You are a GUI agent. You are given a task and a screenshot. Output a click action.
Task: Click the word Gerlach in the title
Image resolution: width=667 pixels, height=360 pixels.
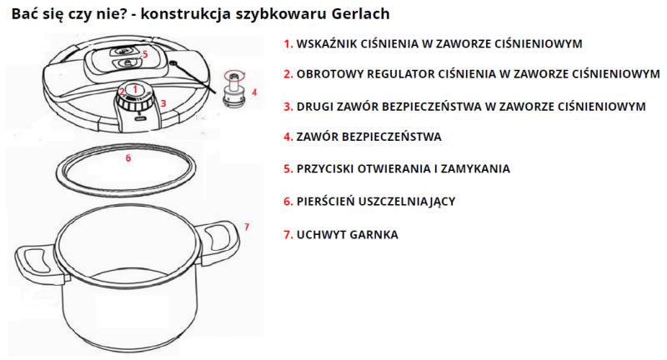pyautogui.click(x=360, y=13)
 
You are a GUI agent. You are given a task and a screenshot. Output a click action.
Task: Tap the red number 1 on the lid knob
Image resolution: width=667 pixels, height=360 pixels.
pyautogui.click(x=135, y=89)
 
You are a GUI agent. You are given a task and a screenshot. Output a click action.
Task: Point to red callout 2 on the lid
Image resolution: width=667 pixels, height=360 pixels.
pyautogui.click(x=122, y=92)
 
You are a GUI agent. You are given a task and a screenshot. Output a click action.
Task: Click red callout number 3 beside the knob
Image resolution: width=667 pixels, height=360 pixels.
pyautogui.click(x=163, y=103)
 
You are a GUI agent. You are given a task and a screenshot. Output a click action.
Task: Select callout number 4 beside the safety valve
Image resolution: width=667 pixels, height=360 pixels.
pyautogui.click(x=254, y=92)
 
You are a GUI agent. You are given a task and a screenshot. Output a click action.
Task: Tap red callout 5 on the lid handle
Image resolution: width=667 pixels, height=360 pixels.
pyautogui.click(x=145, y=54)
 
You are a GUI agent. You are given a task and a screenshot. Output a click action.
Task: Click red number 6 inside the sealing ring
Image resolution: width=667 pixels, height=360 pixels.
pyautogui.click(x=128, y=158)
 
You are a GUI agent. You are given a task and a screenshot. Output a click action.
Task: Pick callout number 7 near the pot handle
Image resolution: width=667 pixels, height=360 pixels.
pyautogui.click(x=247, y=227)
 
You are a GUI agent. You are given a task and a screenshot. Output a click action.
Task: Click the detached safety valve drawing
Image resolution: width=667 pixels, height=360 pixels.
pyautogui.click(x=234, y=89)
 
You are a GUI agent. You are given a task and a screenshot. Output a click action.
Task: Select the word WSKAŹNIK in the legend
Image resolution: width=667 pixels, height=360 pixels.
pyautogui.click(x=325, y=44)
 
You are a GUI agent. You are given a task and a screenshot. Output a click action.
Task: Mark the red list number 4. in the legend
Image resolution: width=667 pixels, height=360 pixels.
pyautogui.click(x=288, y=137)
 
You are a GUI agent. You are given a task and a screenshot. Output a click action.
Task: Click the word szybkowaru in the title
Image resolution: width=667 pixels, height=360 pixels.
pyautogui.click(x=281, y=14)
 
